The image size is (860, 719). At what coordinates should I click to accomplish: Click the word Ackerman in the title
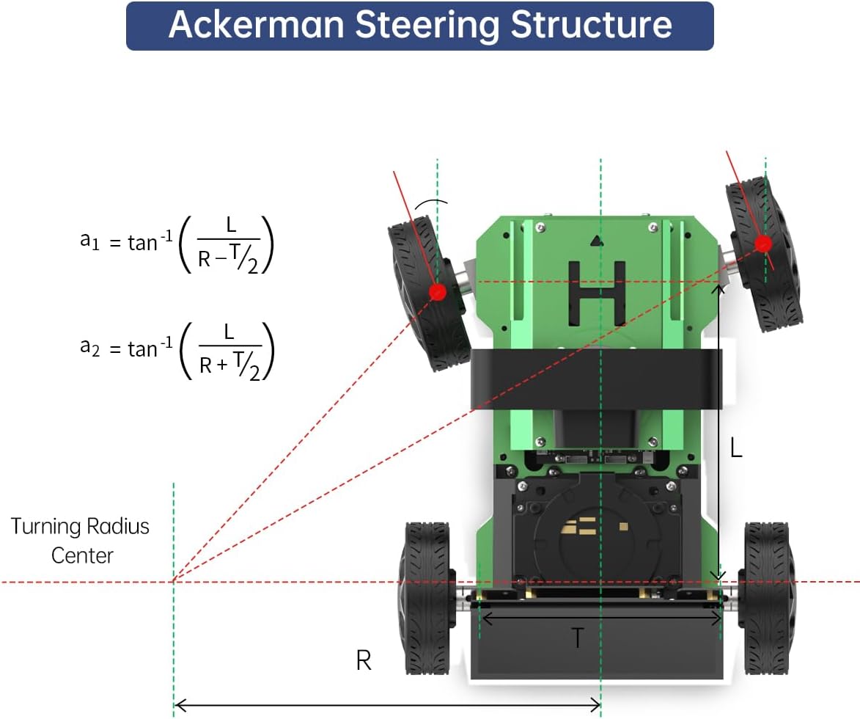pyautogui.click(x=256, y=25)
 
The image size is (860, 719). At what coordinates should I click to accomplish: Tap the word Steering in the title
pyautogui.click(x=427, y=26)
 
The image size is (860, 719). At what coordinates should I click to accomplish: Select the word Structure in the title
pyautogui.click(x=591, y=25)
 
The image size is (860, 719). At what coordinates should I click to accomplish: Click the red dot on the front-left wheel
pyautogui.click(x=437, y=292)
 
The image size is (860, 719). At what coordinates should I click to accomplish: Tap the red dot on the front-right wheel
pyautogui.click(x=763, y=244)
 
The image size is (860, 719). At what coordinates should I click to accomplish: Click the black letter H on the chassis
pyautogui.click(x=597, y=292)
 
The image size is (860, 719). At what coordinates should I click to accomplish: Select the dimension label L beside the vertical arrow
pyautogui.click(x=736, y=448)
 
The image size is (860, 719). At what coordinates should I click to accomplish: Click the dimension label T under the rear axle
pyautogui.click(x=577, y=638)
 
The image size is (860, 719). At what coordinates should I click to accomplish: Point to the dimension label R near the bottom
pyautogui.click(x=364, y=660)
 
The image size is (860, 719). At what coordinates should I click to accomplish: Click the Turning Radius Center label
pyautogui.click(x=80, y=541)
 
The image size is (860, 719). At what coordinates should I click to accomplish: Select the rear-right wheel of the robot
pyautogui.click(x=768, y=598)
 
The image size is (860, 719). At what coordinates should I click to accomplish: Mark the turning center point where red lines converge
pyautogui.click(x=173, y=581)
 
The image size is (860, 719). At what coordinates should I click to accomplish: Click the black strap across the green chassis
pyautogui.click(x=596, y=379)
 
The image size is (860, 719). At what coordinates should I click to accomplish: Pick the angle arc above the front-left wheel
pyautogui.click(x=431, y=203)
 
